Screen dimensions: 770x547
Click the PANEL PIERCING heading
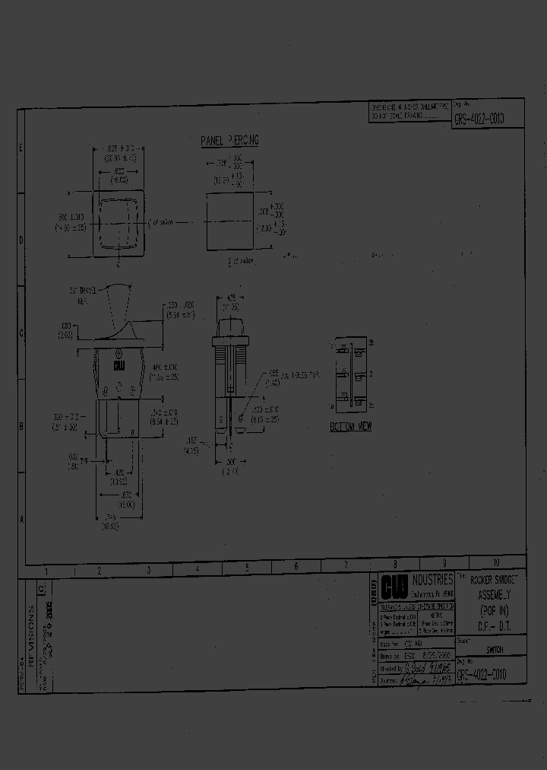(x=230, y=141)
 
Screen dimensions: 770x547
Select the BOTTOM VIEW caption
(x=351, y=427)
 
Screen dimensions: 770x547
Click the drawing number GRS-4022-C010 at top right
(x=479, y=119)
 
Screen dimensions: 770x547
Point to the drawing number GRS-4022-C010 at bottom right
(x=479, y=674)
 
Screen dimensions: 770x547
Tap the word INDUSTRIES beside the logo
(x=432, y=581)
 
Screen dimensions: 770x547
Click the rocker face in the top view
(x=117, y=222)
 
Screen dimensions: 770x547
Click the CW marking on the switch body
(x=119, y=367)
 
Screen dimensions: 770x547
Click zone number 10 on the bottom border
(x=495, y=564)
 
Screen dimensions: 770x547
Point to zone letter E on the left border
(x=21, y=148)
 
